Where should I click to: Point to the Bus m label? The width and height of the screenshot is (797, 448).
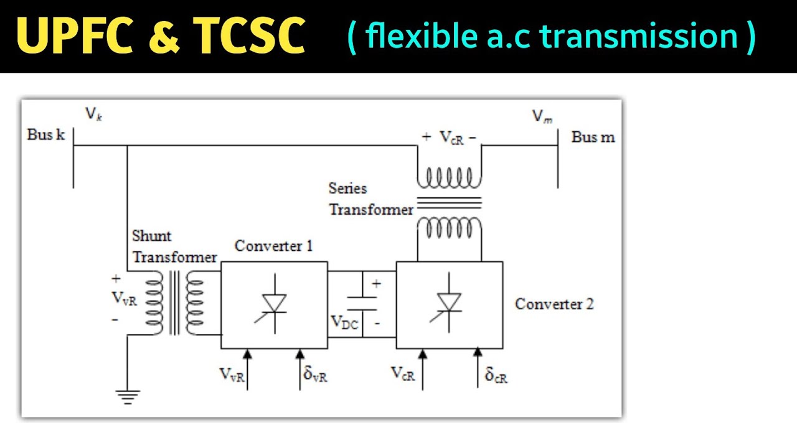tap(593, 137)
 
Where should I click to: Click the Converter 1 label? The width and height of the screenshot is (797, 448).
tap(273, 246)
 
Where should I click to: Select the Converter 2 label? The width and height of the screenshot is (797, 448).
tap(554, 304)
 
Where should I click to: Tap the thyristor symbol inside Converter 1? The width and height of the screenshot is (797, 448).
tap(274, 305)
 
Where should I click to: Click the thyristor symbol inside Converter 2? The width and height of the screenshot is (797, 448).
tap(448, 305)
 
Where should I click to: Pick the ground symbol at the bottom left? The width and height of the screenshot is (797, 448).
tap(127, 396)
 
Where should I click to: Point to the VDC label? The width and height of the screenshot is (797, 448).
tap(344, 322)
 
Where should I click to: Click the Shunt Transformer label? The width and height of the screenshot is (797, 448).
tap(174, 246)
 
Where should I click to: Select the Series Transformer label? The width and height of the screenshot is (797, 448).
tap(370, 199)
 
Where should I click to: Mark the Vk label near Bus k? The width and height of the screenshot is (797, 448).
tap(93, 114)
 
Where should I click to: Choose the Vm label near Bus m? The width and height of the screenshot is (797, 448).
tap(542, 116)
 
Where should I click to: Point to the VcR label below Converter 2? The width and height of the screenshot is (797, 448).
tap(403, 373)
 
